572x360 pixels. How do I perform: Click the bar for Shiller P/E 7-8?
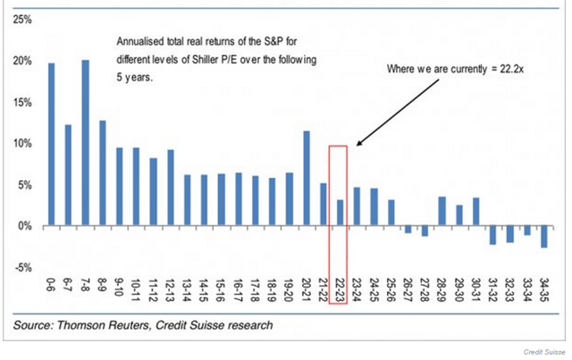pos(86,143)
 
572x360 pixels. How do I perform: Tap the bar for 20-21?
pos(307,179)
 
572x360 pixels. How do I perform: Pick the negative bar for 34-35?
pos(544,237)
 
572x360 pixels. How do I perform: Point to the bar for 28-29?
pos(442,212)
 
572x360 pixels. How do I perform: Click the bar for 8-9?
pos(103,173)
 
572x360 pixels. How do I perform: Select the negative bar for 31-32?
pos(492,235)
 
